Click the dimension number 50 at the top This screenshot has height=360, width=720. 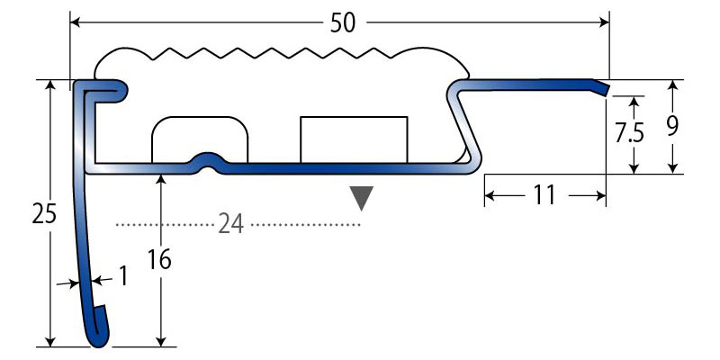(342, 22)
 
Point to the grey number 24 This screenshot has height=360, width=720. (231, 224)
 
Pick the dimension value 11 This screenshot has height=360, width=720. (544, 194)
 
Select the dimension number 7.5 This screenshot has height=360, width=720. (629, 134)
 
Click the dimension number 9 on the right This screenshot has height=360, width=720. (671, 125)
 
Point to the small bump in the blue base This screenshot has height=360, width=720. (208, 160)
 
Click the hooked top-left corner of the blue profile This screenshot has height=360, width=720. (101, 89)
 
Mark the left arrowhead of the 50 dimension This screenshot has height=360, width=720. (76, 22)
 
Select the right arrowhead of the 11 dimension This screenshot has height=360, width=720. (600, 194)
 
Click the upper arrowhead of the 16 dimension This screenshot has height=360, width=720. (160, 179)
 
